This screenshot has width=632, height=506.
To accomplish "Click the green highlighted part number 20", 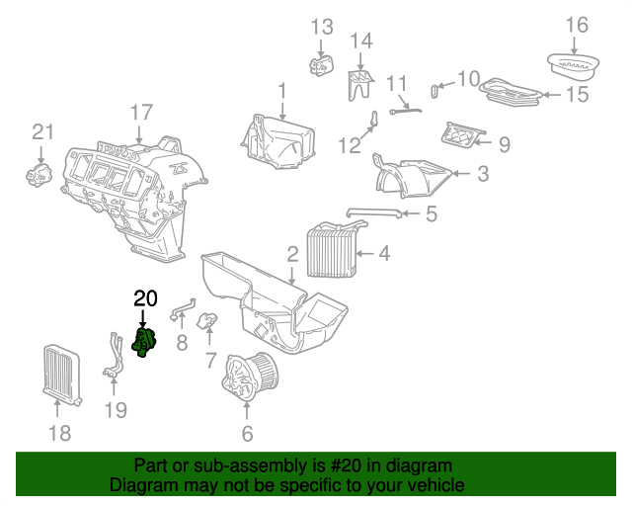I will tap(144, 345).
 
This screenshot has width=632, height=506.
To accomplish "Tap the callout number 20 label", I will tap(145, 298).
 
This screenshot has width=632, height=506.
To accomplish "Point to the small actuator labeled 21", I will tap(39, 176).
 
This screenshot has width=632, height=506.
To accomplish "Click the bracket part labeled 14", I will tap(360, 83).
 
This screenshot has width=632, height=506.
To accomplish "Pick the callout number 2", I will tap(292, 254).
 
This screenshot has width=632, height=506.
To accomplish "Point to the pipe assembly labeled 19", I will tap(115, 356).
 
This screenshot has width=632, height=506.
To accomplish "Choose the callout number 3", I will tap(482, 175).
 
